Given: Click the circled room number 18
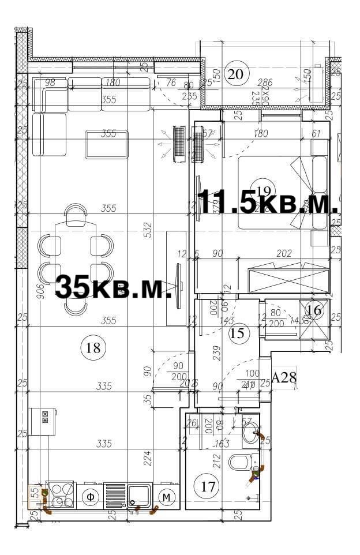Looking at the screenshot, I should tap(93, 347).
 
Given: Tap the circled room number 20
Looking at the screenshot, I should tap(234, 74).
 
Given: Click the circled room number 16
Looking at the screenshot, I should tap(314, 310).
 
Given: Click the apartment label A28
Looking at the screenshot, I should tap(283, 378).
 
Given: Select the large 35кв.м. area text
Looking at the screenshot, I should tap(114, 287).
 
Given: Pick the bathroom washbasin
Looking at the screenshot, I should tap(251, 433).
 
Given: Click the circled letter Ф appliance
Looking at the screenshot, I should tap(90, 497).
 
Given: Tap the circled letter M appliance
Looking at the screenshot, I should tap(167, 497).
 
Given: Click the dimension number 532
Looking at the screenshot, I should tap(148, 230).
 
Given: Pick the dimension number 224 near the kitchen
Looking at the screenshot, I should tap(148, 458).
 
